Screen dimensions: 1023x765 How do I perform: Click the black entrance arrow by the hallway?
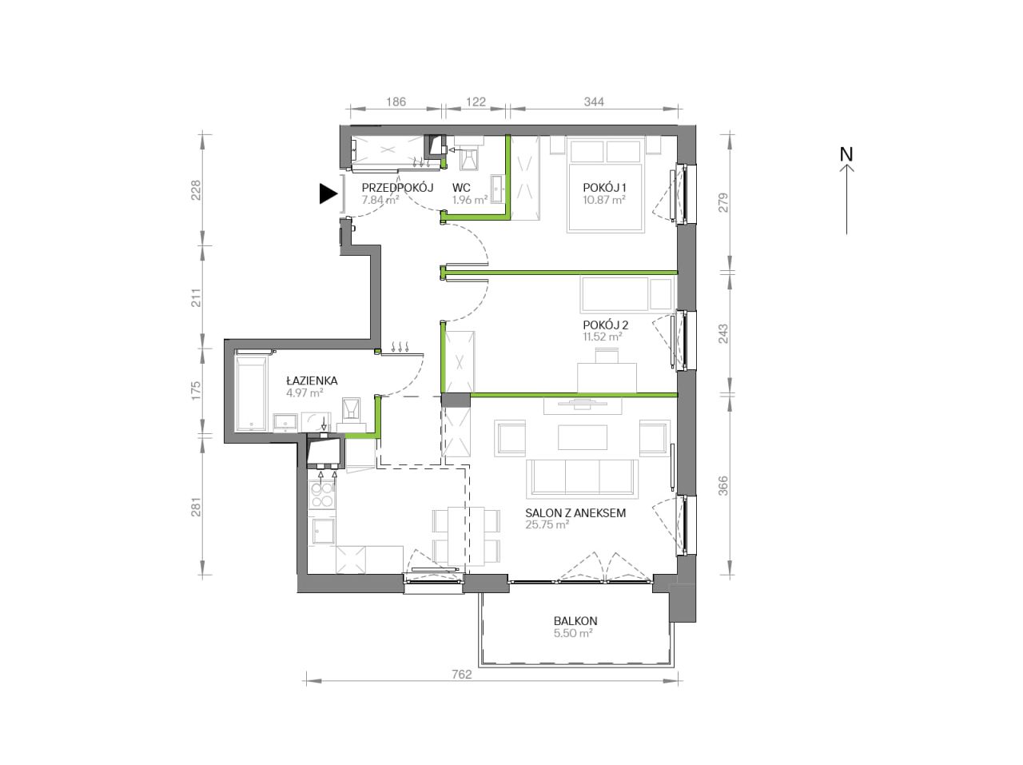coord(328,193)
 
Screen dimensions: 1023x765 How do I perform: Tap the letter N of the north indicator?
coord(846,154)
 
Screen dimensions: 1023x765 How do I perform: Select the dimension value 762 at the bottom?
coord(462,675)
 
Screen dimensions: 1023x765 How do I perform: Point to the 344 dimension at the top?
coord(594,102)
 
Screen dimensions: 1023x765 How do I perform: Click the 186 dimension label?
coord(396,102)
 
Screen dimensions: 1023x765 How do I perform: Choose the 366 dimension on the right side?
coord(722,485)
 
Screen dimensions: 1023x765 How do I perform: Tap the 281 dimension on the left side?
coord(196,508)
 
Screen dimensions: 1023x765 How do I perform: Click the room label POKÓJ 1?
coord(604,188)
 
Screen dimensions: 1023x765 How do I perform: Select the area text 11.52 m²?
coord(602,337)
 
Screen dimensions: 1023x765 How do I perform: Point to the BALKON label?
coord(575,621)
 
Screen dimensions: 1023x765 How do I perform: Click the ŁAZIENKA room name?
coord(312,381)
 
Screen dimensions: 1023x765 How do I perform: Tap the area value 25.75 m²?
coord(547,524)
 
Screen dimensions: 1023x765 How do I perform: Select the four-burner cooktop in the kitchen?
coord(322,495)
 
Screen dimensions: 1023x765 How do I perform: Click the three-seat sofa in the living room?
coord(582,478)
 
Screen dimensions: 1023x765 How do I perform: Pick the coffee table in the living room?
coord(583,437)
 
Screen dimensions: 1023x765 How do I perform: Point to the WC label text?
coord(461,188)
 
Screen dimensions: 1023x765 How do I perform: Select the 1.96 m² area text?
coord(470,200)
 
